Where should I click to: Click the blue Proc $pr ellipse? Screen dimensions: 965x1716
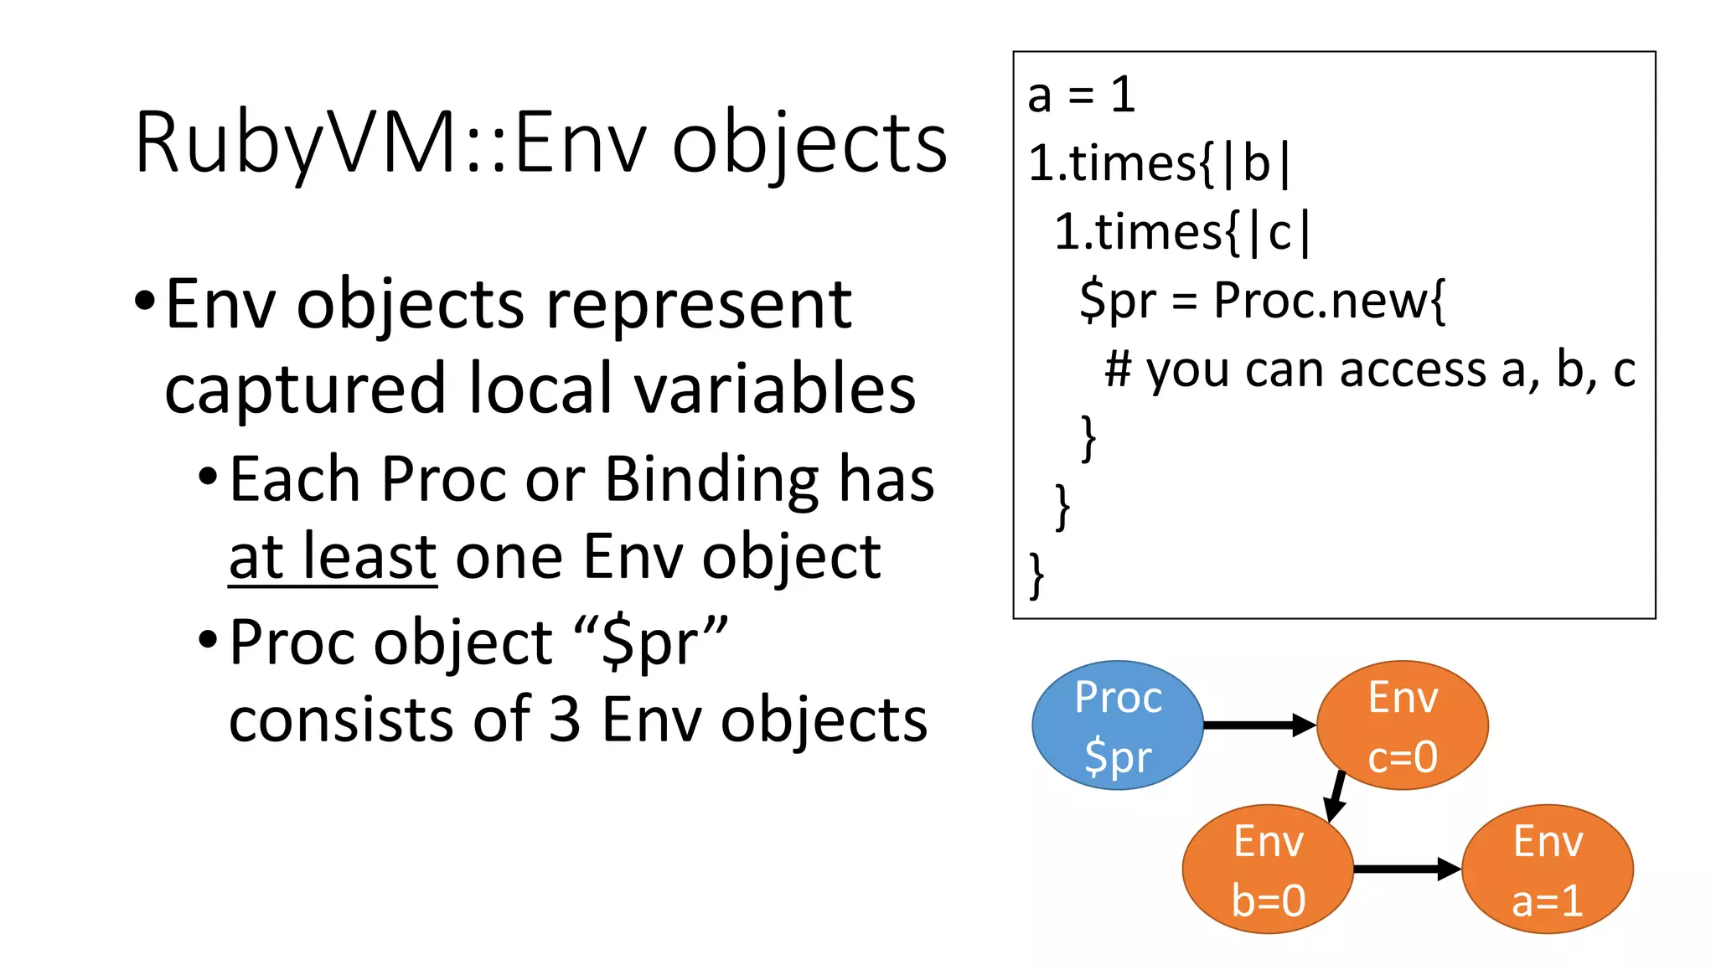tap(1117, 725)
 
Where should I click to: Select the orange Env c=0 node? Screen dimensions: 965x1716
tap(1403, 725)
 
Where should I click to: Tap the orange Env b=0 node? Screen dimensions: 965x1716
tap(1268, 870)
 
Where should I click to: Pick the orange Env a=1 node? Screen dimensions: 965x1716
tap(1548, 870)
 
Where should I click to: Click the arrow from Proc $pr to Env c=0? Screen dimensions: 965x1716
tap(1257, 725)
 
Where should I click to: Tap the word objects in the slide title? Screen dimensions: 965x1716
tap(809, 144)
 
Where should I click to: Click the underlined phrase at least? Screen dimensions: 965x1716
tap(333, 557)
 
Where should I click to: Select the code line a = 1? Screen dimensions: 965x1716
tap(1082, 95)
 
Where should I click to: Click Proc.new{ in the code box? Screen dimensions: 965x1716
tap(1330, 300)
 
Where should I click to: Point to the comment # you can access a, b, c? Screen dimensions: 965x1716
tap(1369, 369)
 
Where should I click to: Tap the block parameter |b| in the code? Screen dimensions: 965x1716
tap(1255, 163)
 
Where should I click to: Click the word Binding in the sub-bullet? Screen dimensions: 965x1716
tap(711, 480)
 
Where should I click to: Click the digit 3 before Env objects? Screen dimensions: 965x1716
tap(565, 720)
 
